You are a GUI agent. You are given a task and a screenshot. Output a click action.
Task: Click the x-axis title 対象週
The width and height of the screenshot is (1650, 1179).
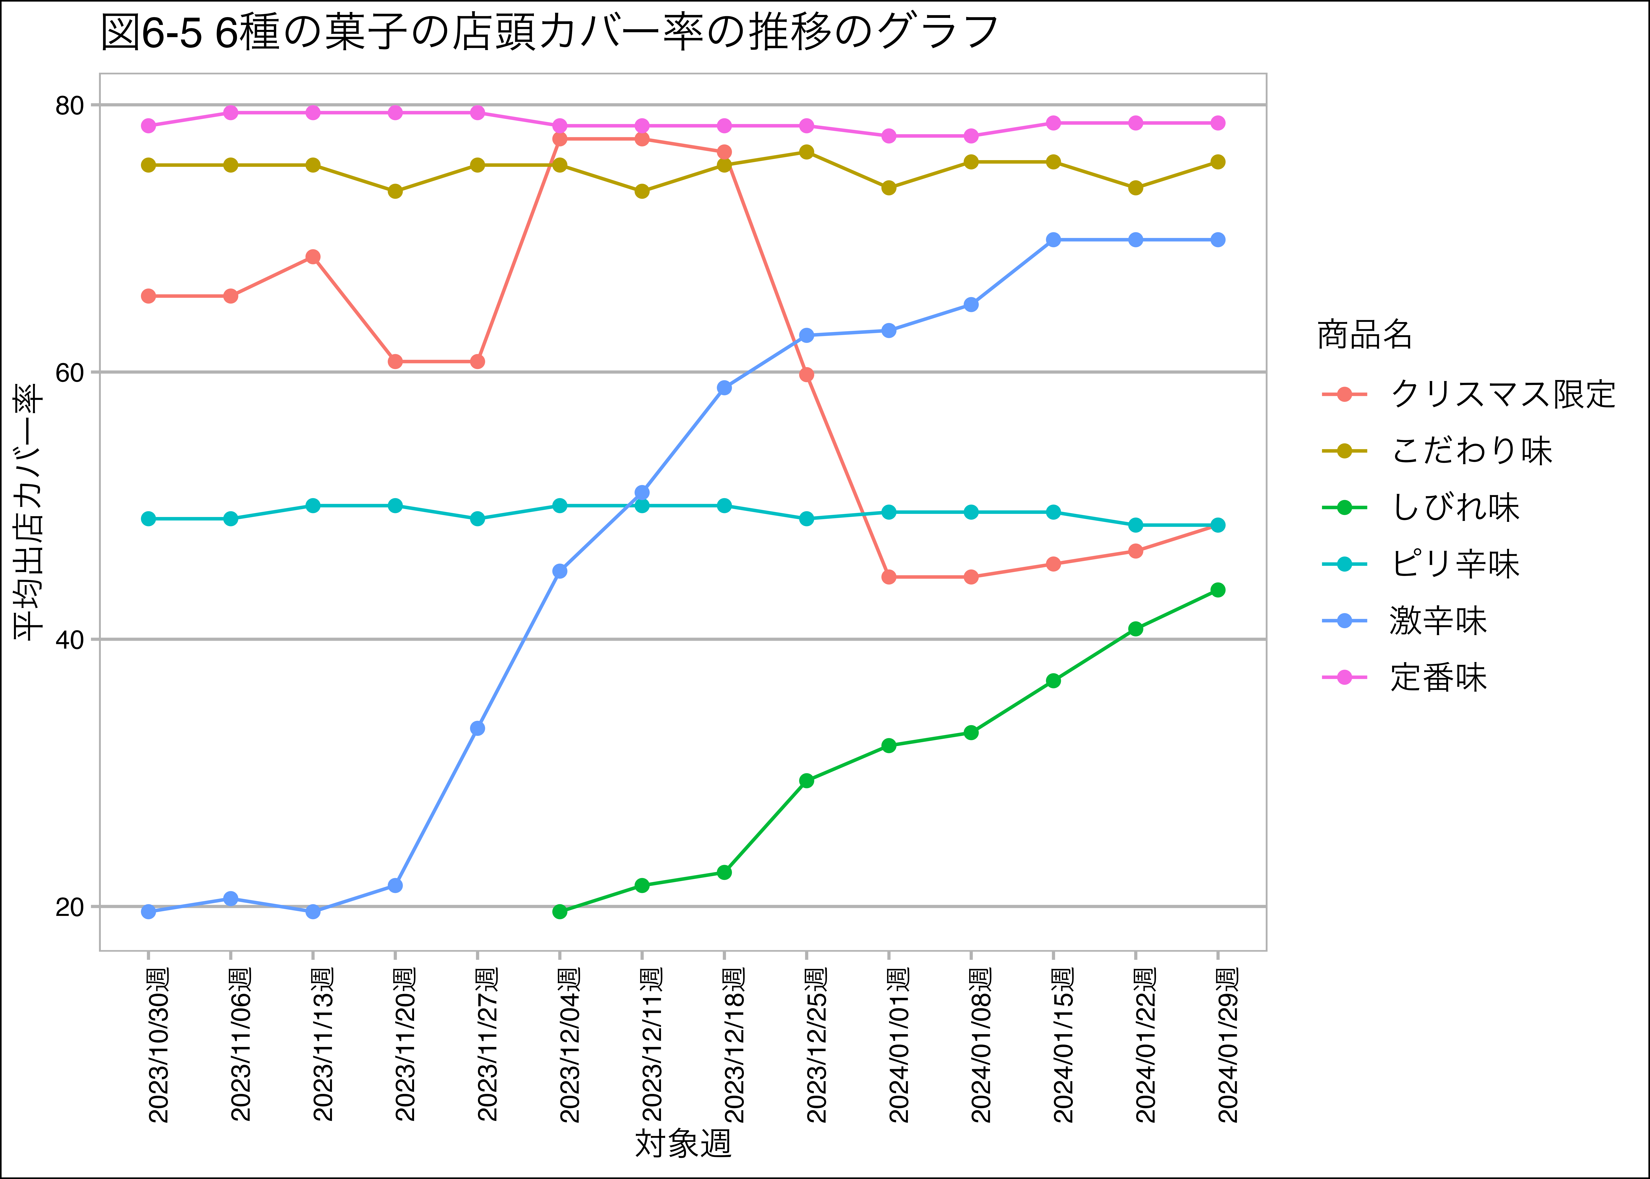coord(683,1143)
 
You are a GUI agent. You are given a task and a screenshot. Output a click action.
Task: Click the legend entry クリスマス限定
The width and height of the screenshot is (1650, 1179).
coord(1502,394)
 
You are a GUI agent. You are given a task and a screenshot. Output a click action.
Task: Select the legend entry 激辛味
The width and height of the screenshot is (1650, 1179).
coord(1438,621)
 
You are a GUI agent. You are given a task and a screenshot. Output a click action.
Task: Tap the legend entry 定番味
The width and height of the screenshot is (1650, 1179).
coord(1438,677)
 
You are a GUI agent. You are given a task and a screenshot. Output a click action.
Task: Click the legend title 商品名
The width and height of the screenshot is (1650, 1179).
coord(1364,335)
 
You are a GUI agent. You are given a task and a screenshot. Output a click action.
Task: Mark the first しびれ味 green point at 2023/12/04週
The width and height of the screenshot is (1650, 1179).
coord(559,911)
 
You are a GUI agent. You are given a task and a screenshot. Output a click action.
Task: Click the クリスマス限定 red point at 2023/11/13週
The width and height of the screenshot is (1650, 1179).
coord(313,257)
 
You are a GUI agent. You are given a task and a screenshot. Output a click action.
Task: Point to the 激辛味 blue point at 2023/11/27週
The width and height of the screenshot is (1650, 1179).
coord(478,728)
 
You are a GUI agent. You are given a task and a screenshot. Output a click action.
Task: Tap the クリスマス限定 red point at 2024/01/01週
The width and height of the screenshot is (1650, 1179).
coord(889,577)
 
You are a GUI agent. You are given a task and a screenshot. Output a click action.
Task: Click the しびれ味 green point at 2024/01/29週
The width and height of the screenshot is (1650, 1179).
coord(1218,590)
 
